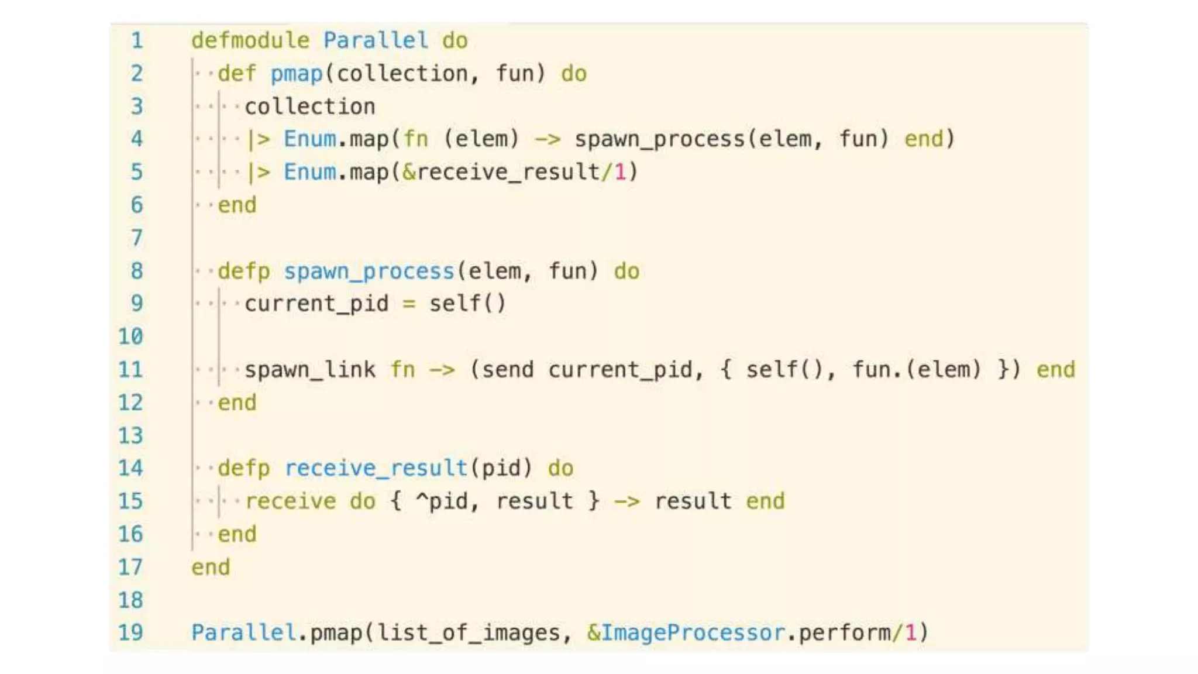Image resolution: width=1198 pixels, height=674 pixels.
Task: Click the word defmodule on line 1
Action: click(x=250, y=40)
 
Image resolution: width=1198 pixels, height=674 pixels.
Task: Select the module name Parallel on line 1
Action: click(x=376, y=40)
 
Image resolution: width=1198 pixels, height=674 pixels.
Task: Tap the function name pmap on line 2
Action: click(x=296, y=74)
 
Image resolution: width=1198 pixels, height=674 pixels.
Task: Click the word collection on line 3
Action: click(x=309, y=106)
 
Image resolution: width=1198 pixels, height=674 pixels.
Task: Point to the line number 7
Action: click(x=136, y=238)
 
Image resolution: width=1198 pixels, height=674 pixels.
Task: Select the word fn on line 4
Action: click(x=415, y=139)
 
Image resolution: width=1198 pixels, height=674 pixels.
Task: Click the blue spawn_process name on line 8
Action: click(x=369, y=271)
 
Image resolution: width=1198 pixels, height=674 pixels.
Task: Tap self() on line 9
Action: click(x=467, y=304)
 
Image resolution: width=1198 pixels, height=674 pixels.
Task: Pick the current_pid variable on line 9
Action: click(x=316, y=304)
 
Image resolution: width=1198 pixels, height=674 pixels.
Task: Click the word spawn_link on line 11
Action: click(x=309, y=370)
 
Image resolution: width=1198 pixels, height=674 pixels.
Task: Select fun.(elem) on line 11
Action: click(x=915, y=370)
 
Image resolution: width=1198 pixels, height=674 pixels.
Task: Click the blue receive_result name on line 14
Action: click(x=376, y=468)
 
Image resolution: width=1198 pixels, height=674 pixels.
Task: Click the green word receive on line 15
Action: click(x=290, y=501)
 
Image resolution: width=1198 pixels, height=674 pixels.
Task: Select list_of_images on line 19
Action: click(x=468, y=632)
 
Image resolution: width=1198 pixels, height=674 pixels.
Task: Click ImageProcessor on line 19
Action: click(x=693, y=632)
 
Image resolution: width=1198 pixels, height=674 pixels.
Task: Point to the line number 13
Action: click(x=130, y=435)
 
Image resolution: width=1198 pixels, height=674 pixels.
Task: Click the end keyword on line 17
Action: click(x=211, y=567)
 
